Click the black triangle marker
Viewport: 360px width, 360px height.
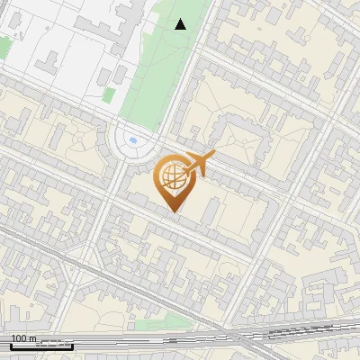click(x=181, y=24)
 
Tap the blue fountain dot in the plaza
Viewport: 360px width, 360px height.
click(x=133, y=140)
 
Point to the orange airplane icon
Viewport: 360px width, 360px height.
click(x=198, y=165)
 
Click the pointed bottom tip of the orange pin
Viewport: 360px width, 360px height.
click(x=174, y=212)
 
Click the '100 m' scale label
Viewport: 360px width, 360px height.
click(x=23, y=338)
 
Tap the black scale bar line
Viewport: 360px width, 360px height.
click(x=40, y=345)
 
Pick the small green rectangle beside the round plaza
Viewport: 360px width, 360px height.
click(x=109, y=94)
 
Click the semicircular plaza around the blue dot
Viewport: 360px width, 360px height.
click(x=133, y=144)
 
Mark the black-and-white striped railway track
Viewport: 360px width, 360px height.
click(x=297, y=332)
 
